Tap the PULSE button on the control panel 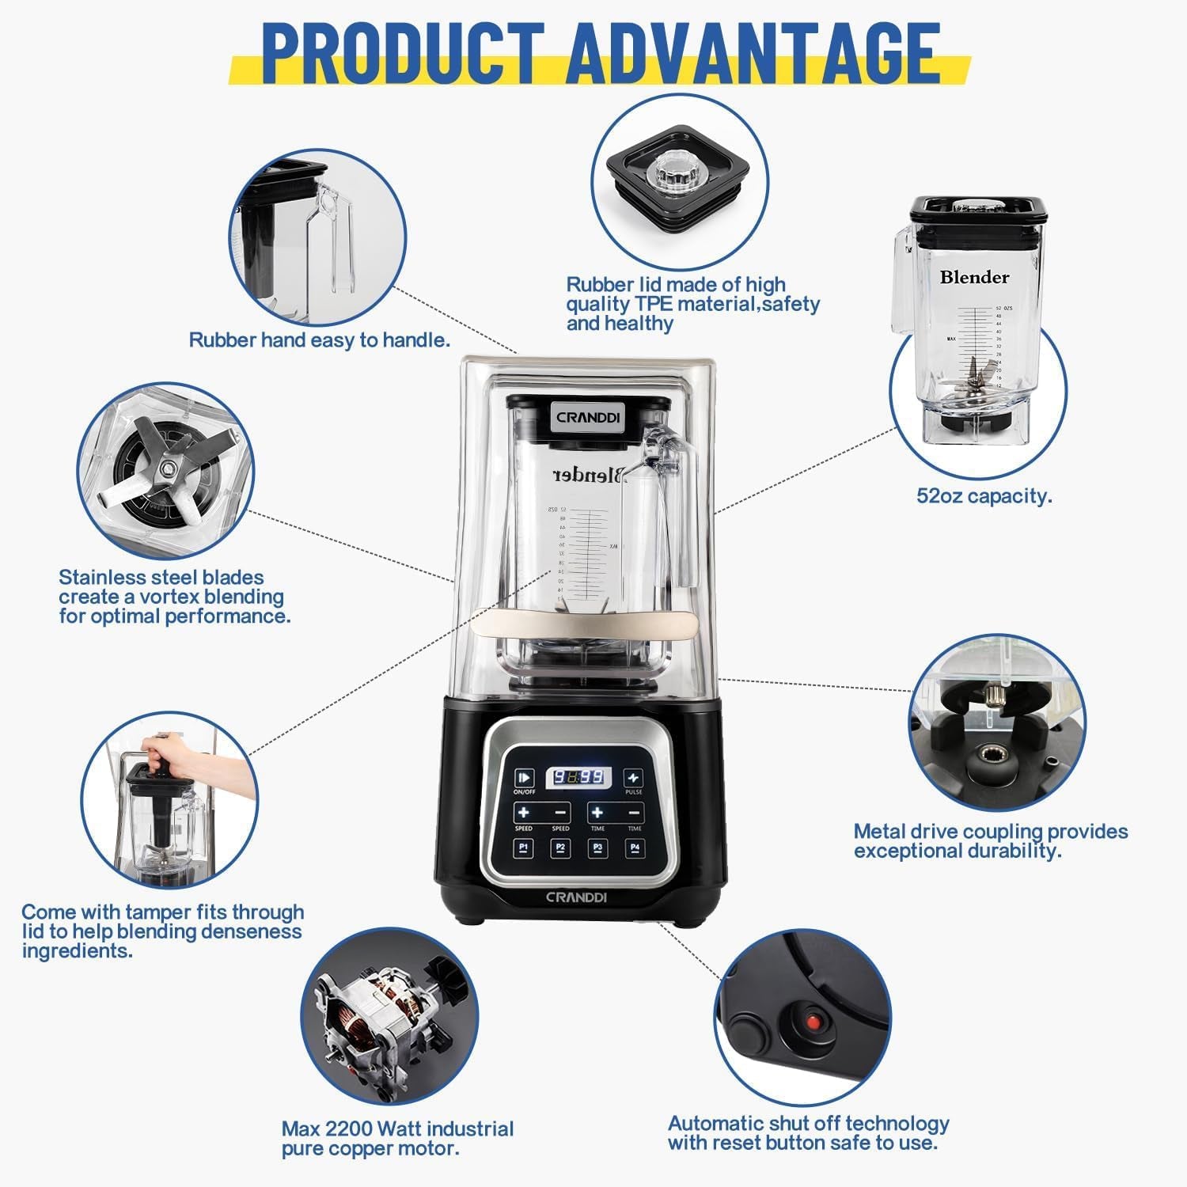[633, 778]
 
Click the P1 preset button [523, 848]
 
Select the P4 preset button [634, 848]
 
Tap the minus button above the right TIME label [634, 813]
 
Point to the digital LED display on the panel [578, 777]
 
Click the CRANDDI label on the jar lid [588, 417]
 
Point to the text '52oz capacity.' [984, 496]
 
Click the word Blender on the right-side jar [974, 278]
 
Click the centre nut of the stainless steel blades [167, 468]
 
